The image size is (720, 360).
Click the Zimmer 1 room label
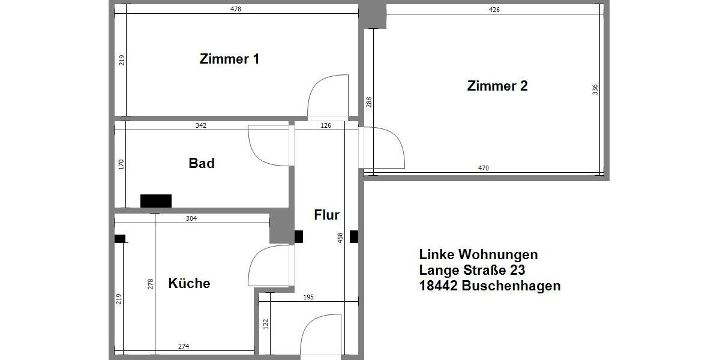pyautogui.click(x=229, y=59)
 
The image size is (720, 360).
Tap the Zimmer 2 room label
pyautogui.click(x=497, y=86)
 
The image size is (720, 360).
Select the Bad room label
pyautogui.click(x=202, y=163)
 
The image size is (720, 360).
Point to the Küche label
pyautogui.click(x=189, y=283)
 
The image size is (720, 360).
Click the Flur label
pyautogui.click(x=326, y=215)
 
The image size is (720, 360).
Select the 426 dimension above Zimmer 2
pyautogui.click(x=494, y=10)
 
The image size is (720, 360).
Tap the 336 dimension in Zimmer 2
pyautogui.click(x=595, y=90)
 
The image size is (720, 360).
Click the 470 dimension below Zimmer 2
pyautogui.click(x=484, y=169)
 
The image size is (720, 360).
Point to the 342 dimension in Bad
pyautogui.click(x=201, y=126)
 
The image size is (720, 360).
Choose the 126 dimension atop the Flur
pyautogui.click(x=326, y=126)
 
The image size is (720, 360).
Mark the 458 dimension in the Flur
pyautogui.click(x=340, y=238)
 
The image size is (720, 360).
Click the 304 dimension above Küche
pyautogui.click(x=191, y=218)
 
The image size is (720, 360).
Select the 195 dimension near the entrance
pyautogui.click(x=308, y=298)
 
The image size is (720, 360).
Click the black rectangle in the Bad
pyautogui.click(x=156, y=200)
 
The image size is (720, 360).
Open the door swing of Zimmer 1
pyautogui.click(x=328, y=96)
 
